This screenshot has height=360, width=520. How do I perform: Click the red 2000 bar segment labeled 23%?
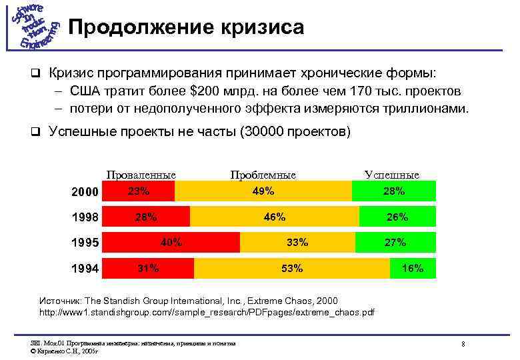pyautogui.click(x=139, y=191)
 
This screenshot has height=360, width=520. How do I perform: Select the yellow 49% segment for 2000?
pyautogui.click(x=263, y=191)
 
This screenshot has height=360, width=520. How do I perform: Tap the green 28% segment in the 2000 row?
pyautogui.click(x=394, y=191)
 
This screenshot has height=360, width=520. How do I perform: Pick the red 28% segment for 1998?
pyautogui.click(x=147, y=217)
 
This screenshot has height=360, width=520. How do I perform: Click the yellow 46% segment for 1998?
pyautogui.click(x=274, y=217)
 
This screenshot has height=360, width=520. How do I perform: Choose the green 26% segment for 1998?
pyautogui.click(x=397, y=217)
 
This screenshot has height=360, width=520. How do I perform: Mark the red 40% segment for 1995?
pyautogui.click(x=172, y=242)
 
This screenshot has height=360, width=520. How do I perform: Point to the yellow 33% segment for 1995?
pyautogui.click(x=297, y=242)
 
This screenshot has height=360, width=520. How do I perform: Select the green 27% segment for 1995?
pyautogui.click(x=395, y=242)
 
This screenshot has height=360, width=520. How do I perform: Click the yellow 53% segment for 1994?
pyautogui.click(x=292, y=268)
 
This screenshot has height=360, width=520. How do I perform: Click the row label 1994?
pyautogui.click(x=85, y=269)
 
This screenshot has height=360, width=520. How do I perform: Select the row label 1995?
pyautogui.click(x=85, y=243)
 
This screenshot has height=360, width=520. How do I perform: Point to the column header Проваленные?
pyautogui.click(x=141, y=175)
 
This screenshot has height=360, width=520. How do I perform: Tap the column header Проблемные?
pyautogui.click(x=263, y=175)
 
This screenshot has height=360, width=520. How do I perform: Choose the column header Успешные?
pyautogui.click(x=392, y=175)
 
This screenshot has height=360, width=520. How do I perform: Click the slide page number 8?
pyautogui.click(x=463, y=343)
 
